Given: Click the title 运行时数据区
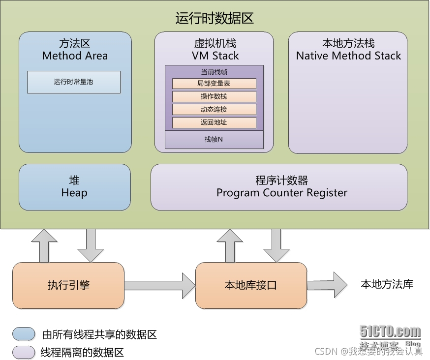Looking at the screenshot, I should point(215,19).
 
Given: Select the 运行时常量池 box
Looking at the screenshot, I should point(73,82).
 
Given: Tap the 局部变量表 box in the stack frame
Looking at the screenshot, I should point(214,84).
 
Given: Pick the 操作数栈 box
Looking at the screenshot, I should point(214,96).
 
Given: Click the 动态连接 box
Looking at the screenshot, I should point(214,109).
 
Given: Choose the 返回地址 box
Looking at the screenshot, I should point(214,122).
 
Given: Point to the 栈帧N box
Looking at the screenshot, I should point(214,140).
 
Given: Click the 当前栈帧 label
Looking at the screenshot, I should point(214,72).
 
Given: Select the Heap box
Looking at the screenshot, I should point(74,187).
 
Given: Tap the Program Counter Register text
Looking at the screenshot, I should point(282,193).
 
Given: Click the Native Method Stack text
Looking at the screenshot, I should point(348,56).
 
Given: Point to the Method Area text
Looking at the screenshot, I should point(75,56).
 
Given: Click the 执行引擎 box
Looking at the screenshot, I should point(68,285).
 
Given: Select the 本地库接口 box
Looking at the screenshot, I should point(251,285).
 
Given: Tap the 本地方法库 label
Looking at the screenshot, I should point(387,284).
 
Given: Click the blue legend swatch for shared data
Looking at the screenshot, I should point(24,334).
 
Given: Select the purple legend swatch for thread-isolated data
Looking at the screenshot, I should point(24,352).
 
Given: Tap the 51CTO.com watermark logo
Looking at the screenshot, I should point(390,331).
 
